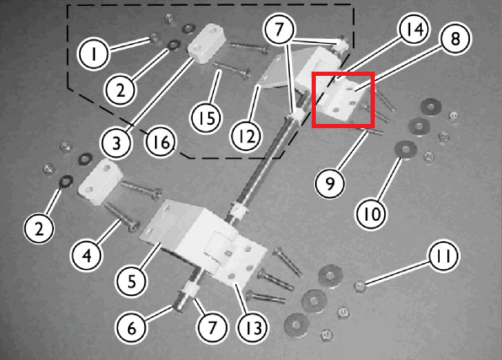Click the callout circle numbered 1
coord(93,53)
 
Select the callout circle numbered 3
coord(116,142)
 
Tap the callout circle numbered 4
coord(87,255)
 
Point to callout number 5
coord(131,281)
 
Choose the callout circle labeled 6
coord(131,328)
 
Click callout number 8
coord(456,39)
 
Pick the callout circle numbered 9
coord(330,183)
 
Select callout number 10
coord(371,213)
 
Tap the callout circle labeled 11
coord(443,255)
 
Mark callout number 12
coord(246,137)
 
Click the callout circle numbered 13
coord(253,327)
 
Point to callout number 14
coord(413,30)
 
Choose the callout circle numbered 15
coord(206,118)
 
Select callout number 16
coord(161,142)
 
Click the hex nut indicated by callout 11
coord(360,286)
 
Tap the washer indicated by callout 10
coord(406,150)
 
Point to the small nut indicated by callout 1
coord(155,38)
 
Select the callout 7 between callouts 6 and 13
coord(212,327)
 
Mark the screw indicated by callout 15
coord(231,70)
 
